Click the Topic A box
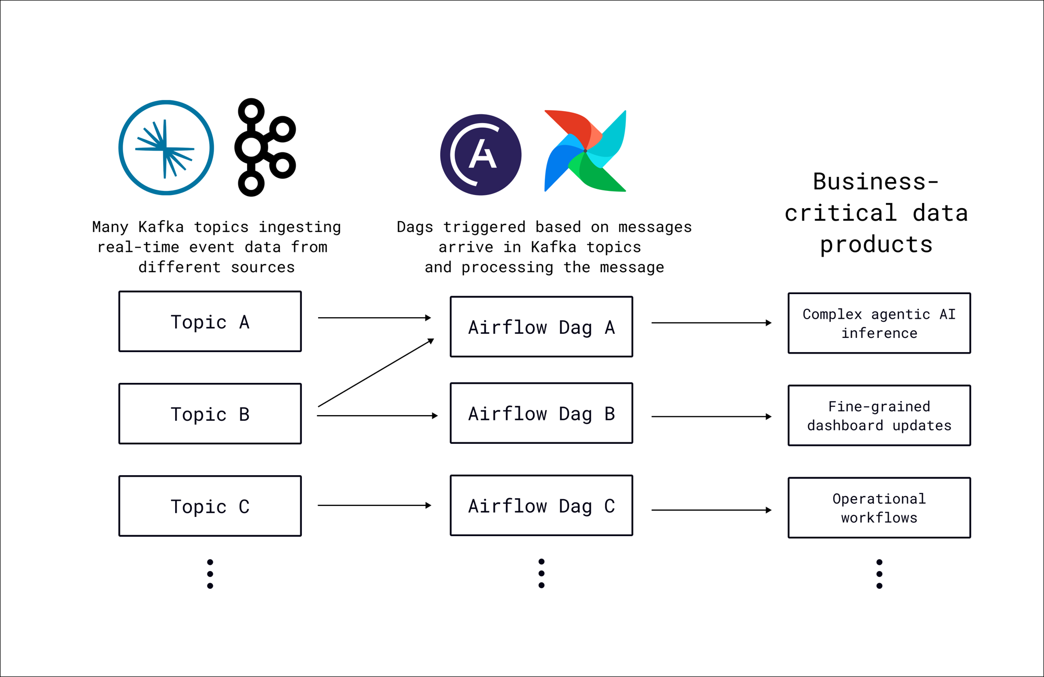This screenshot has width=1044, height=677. tap(210, 321)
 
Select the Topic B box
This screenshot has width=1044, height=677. tap(210, 414)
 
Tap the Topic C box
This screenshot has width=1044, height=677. tap(210, 506)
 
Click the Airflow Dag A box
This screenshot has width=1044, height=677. tap(541, 327)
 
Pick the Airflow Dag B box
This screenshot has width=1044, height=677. tap(541, 413)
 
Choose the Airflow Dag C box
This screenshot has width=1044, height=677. tap(541, 505)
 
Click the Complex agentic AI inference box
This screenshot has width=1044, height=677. tap(879, 323)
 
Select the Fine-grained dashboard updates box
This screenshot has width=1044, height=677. tap(879, 416)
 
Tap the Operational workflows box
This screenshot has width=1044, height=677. tap(879, 507)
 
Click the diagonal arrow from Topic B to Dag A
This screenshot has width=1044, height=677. tap(375, 372)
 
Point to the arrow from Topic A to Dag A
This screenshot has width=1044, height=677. tap(374, 318)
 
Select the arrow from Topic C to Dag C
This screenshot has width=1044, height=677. tap(374, 505)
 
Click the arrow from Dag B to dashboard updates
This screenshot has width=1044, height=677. tap(711, 417)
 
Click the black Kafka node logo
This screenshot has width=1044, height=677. tap(264, 148)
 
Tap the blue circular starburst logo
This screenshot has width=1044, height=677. tap(166, 148)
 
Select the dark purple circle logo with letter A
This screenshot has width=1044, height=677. tap(480, 155)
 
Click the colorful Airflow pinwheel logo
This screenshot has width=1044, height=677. tap(585, 151)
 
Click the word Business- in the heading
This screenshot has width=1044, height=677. tap(876, 182)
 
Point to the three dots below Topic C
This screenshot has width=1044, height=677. tap(210, 574)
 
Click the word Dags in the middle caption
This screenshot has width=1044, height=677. tap(415, 227)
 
